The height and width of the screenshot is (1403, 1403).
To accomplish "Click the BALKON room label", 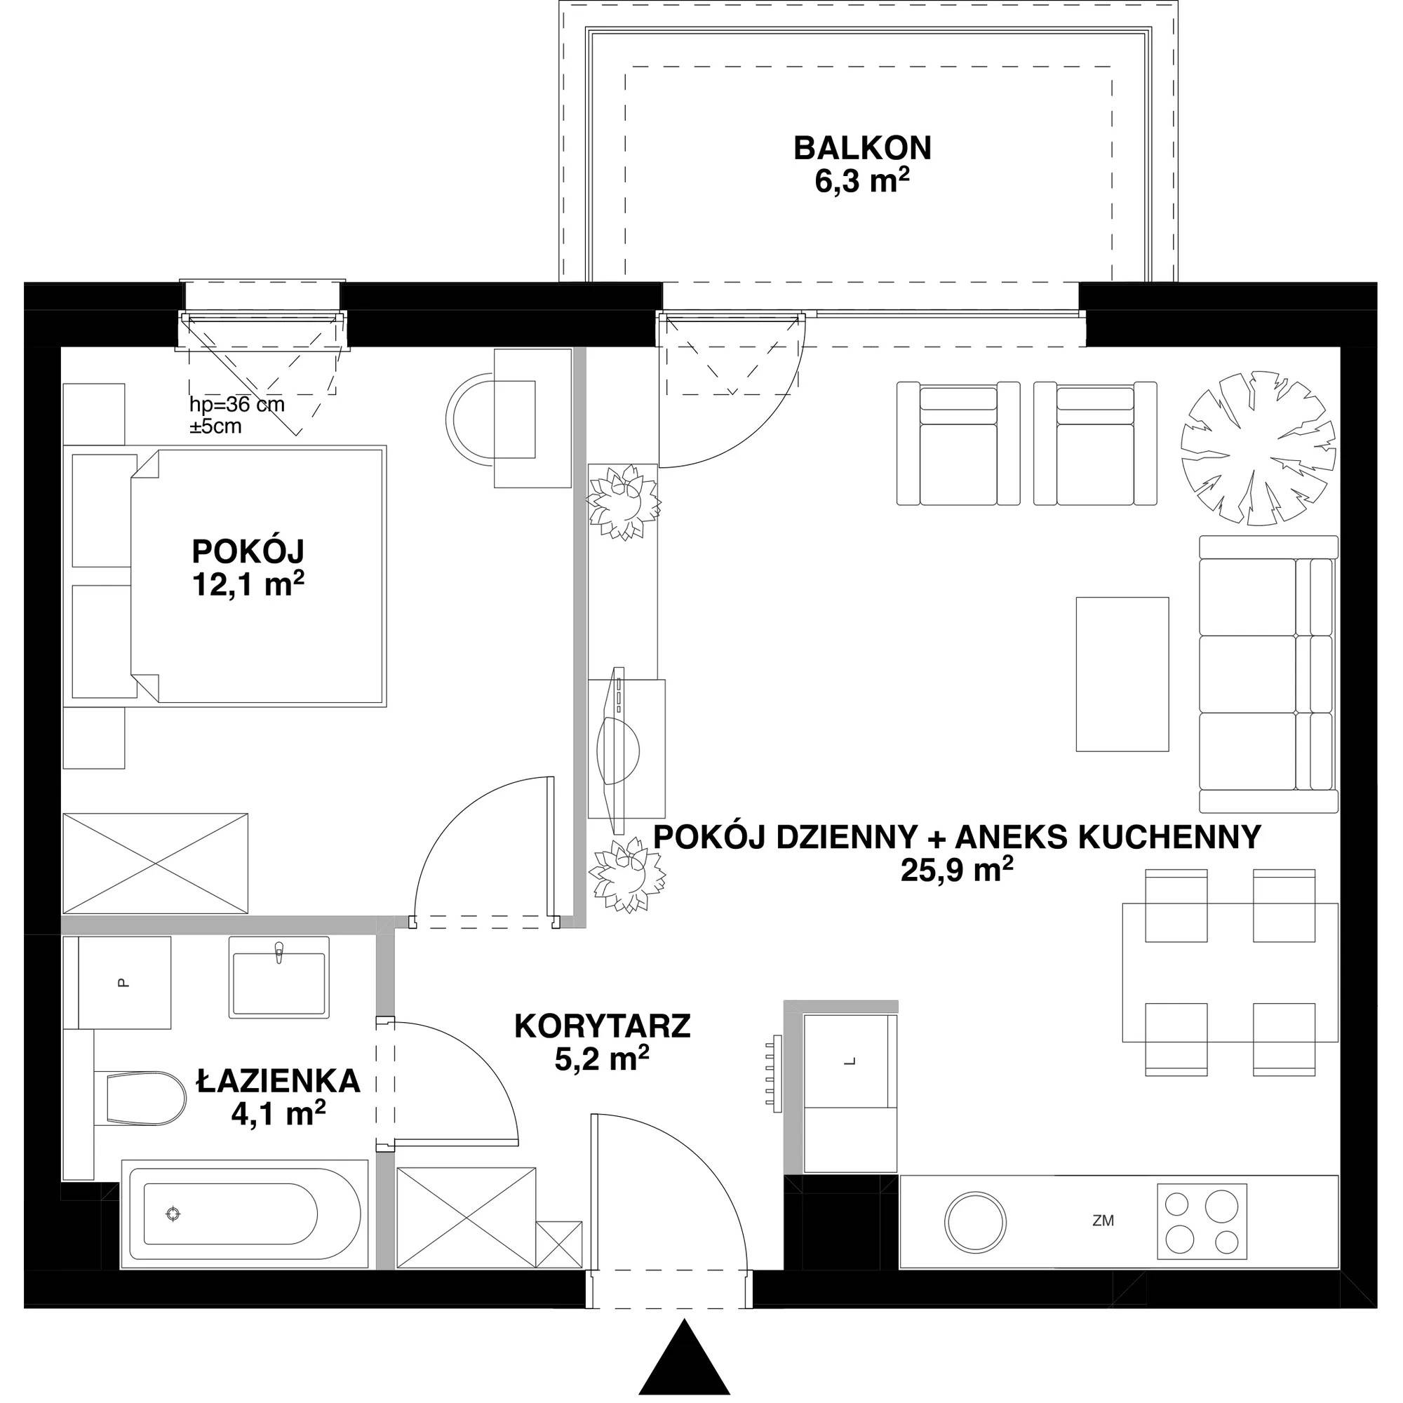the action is point(862,148).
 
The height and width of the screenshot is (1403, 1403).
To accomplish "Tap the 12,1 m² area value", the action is point(248,584).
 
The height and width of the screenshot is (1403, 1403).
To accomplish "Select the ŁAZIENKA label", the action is point(278,1081).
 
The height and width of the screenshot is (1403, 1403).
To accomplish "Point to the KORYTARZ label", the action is point(602,1027).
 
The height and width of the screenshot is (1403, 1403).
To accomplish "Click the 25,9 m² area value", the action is point(957,870).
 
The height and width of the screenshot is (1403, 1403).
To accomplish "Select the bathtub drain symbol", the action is point(173,1234).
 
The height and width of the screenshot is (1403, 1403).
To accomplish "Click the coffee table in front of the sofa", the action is point(1122,674).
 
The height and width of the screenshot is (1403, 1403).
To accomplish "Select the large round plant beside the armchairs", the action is point(1258,448).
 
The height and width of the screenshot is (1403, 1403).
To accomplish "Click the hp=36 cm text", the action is point(236,405).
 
